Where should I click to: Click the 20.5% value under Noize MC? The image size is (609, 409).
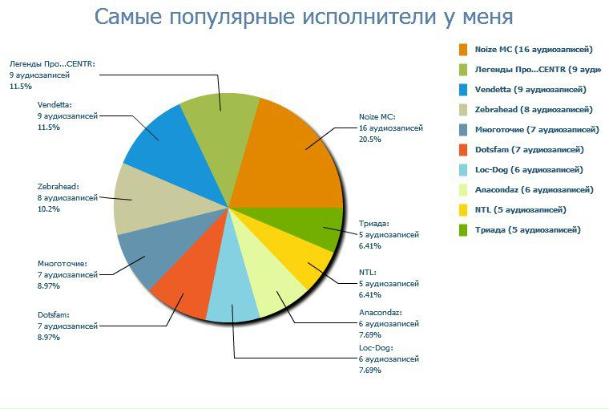(x=369, y=140)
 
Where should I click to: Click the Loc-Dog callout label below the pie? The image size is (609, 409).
(x=376, y=348)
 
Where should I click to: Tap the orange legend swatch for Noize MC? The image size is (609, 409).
(x=463, y=49)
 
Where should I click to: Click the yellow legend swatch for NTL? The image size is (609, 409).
(x=463, y=209)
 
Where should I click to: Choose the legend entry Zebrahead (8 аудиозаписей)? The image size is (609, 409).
(x=534, y=109)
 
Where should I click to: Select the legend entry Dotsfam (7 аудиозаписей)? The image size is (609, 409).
(x=529, y=149)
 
